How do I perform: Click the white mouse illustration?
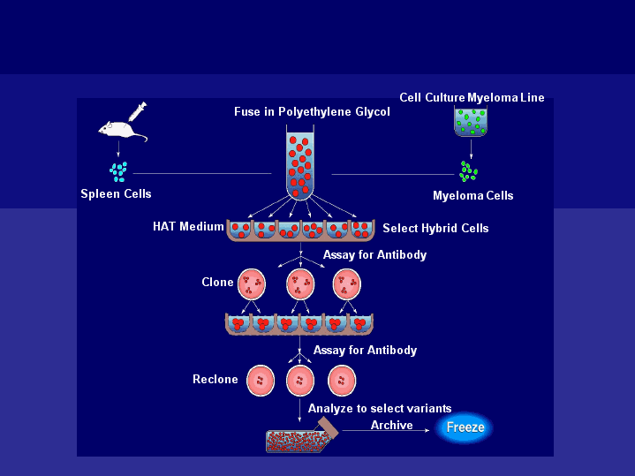coord(121,130)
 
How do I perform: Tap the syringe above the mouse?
coord(136,112)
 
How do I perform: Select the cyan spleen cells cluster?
coord(117,169)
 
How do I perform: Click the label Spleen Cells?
coord(116,194)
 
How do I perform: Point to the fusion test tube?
coord(300,164)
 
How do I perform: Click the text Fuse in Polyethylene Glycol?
coord(312,112)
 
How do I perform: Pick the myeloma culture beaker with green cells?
coord(470,122)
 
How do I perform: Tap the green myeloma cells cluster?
coord(468,170)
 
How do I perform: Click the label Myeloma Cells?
coord(472,195)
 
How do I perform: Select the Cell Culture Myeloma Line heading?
coord(472,97)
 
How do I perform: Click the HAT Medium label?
coord(188,227)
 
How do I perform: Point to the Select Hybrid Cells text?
coord(435,228)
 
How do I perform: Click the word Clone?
coord(217,283)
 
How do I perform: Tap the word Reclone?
coord(215,380)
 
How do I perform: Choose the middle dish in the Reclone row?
coord(300,382)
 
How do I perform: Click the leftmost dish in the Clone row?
coord(253,284)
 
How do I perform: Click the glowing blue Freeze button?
coord(465,427)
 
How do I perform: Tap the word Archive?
coord(391,426)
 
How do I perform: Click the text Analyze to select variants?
coord(380,409)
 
